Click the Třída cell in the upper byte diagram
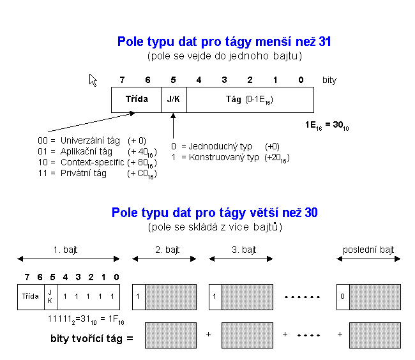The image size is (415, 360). [x=136, y=100]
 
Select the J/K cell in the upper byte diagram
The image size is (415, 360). [x=174, y=100]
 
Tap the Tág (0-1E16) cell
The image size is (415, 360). [x=250, y=100]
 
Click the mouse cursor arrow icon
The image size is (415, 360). [x=93, y=80]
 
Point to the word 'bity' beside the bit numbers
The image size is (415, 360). [x=329, y=80]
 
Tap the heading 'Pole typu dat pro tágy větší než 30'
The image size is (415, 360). [x=215, y=213]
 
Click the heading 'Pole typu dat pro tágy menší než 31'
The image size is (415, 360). [x=223, y=42]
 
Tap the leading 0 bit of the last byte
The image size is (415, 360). [x=343, y=297]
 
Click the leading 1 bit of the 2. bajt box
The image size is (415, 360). [x=139, y=297]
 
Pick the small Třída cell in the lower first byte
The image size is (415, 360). [x=30, y=297]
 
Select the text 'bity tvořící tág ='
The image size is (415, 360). [x=91, y=336]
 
